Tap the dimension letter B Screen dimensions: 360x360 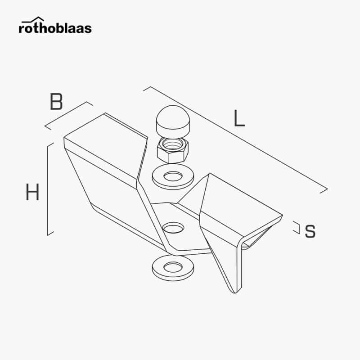(56, 101)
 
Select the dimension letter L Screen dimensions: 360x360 (239, 118)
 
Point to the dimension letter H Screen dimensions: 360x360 (32, 192)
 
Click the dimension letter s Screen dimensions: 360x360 (310, 231)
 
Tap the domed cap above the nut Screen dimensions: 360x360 (173, 121)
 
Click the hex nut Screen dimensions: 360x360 (173, 150)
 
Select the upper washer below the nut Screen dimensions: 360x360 (173, 176)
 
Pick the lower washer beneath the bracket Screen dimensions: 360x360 (173, 268)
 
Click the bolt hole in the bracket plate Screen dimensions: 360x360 (173, 228)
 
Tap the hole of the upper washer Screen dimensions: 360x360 (173, 176)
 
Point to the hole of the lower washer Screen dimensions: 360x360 (173, 267)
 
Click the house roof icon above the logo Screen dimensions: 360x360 (32, 20)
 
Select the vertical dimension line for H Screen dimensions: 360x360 (48, 189)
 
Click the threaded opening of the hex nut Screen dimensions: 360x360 (173, 144)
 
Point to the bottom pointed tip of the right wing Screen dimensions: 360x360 (235, 293)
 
